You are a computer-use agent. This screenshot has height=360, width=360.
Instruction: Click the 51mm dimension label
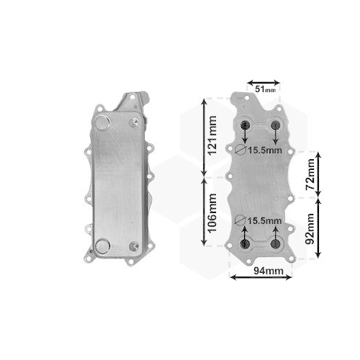tap(265, 89)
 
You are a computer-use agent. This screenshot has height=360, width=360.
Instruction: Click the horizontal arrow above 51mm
tap(263, 81)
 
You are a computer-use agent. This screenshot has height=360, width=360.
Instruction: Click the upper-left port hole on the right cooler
tap(246, 125)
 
